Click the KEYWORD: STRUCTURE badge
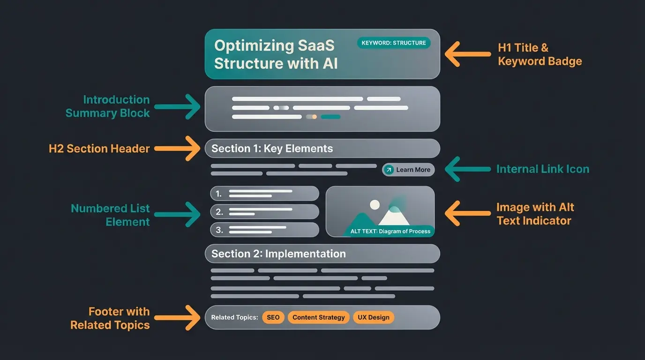coord(394,43)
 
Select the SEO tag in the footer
coord(273,317)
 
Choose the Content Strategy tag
coord(319,317)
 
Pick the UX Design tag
coord(374,317)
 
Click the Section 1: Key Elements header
coord(322,149)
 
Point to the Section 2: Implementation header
coord(322,254)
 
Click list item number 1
coord(264,193)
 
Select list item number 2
coord(264,211)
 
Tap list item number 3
coord(264,230)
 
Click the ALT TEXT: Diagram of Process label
coord(390,232)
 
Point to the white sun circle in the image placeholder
coord(375,204)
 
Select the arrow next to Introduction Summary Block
coord(178,106)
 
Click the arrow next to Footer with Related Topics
coord(178,318)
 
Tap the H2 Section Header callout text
coord(99,149)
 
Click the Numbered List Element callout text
coord(111,215)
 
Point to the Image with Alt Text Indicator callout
coord(535,214)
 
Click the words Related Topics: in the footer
coord(234,317)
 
